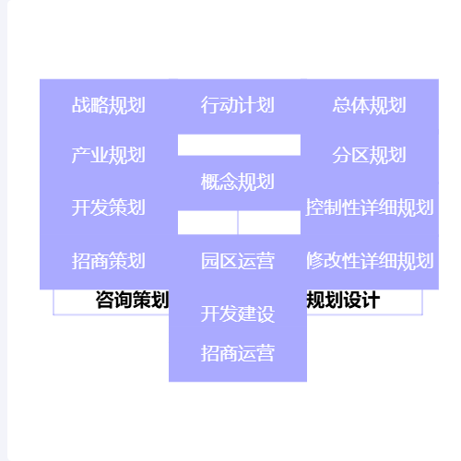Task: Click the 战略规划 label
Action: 109,105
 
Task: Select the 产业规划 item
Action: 109,155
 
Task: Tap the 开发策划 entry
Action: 109,207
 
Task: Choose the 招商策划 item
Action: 109,261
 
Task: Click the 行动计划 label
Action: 238,105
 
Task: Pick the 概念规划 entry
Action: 238,182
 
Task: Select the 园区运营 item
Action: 238,261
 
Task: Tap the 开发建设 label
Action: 238,313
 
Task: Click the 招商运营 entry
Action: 238,353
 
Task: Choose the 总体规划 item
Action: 370,105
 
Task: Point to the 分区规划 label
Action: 370,155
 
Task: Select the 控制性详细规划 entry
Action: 370,207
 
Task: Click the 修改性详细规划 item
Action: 370,261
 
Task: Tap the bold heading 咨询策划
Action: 132,300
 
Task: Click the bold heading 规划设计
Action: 343,300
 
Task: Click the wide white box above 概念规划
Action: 239,145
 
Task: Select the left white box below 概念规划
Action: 207,222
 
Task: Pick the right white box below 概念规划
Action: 269,222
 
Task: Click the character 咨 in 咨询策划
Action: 105,300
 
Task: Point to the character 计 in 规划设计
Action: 371,300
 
